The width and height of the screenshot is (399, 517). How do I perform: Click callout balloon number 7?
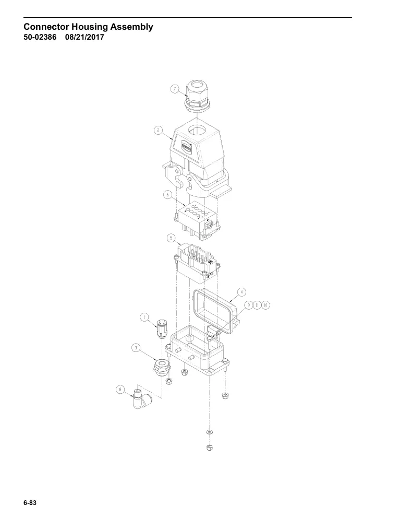click(175, 89)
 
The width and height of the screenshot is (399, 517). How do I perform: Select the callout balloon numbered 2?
click(159, 130)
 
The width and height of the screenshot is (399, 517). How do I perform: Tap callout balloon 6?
click(167, 195)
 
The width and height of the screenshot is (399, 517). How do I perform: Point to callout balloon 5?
click(171, 238)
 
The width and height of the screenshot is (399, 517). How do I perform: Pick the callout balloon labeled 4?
click(241, 292)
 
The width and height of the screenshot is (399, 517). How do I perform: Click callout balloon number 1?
click(144, 317)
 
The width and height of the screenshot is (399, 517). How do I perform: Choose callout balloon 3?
click(136, 347)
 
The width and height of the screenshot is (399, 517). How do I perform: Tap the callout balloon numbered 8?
click(120, 390)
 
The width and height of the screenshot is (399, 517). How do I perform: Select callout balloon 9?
click(249, 305)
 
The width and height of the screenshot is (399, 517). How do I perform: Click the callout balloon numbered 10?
click(265, 305)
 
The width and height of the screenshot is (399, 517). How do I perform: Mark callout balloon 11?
click(258, 305)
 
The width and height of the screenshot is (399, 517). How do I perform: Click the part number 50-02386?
click(40, 37)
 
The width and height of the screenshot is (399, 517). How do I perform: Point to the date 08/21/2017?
click(84, 37)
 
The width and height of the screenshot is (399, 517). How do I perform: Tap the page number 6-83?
click(30, 503)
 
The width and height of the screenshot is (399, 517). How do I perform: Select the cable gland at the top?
click(197, 96)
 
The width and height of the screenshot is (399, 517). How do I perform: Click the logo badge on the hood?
click(186, 146)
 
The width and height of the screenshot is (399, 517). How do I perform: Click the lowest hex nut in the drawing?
click(209, 448)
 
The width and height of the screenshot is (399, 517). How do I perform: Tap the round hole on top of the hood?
click(197, 130)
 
